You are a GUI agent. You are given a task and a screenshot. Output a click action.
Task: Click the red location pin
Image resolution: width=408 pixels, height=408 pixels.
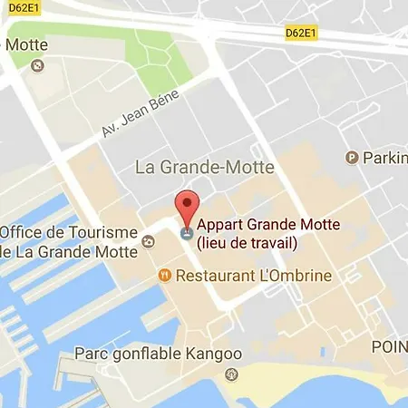pos(186,207)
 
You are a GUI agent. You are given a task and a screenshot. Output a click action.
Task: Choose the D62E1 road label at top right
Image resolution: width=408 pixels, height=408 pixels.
pos(300,34)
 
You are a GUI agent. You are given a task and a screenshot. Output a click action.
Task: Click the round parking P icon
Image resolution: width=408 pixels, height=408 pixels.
pos(352,158)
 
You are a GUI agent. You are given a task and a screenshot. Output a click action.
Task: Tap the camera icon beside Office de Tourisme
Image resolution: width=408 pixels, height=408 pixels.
pos(149,241)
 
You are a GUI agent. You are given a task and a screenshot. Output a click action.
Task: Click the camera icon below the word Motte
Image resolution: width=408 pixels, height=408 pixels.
pos(36,65)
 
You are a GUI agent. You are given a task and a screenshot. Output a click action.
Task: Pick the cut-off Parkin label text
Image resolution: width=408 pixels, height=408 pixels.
pos(385,158)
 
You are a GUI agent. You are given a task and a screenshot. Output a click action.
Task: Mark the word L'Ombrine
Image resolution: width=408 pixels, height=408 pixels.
pos(295,275)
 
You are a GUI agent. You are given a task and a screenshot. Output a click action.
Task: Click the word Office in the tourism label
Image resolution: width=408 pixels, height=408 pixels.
pos(26,232)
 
